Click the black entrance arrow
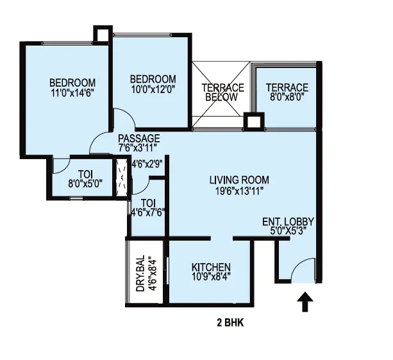(x=305, y=302)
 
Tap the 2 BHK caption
(x=230, y=323)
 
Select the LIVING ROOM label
(x=239, y=180)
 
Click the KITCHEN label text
(x=211, y=267)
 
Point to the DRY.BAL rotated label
(x=140, y=273)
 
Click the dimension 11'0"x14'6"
(x=72, y=93)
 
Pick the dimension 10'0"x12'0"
(x=153, y=89)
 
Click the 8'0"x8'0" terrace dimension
(x=287, y=97)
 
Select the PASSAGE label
(x=139, y=138)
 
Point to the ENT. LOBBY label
(x=288, y=221)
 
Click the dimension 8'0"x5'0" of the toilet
(x=85, y=184)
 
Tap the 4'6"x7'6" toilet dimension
(x=148, y=213)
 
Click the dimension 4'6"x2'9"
(x=147, y=164)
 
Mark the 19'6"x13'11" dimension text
(x=239, y=191)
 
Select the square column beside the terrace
(x=254, y=122)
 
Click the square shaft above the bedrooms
(x=103, y=35)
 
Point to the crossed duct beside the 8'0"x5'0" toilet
(x=122, y=178)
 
